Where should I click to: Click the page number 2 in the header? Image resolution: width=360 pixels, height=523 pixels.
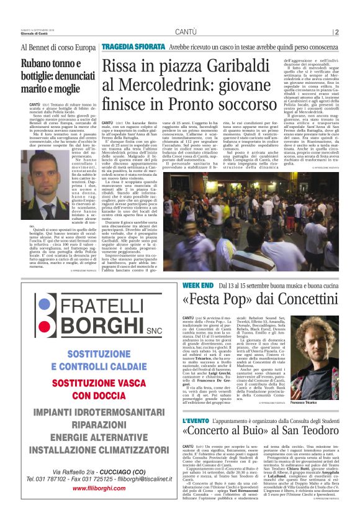pos(336,32)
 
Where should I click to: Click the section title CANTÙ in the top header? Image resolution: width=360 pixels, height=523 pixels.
pos(186,32)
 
